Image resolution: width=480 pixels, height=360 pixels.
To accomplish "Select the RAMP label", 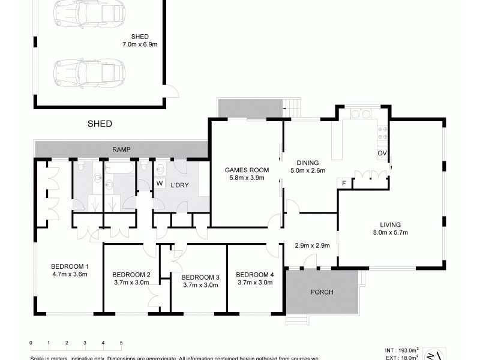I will pyautogui.click(x=121, y=149).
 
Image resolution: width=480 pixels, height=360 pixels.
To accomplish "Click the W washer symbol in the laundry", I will pyautogui.click(x=160, y=184).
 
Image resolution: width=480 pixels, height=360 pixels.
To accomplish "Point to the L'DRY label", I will pyautogui.click(x=180, y=185).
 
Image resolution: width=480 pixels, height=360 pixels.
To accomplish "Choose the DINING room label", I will pyautogui.click(x=307, y=163).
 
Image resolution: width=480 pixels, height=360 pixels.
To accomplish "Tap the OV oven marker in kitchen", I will pyautogui.click(x=382, y=154).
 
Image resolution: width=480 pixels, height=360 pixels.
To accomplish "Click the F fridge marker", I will pyautogui.click(x=344, y=183).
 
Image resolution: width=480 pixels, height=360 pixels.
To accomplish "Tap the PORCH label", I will pyautogui.click(x=321, y=292).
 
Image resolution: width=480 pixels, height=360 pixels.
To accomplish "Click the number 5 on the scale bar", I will pyautogui.click(x=121, y=343).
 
